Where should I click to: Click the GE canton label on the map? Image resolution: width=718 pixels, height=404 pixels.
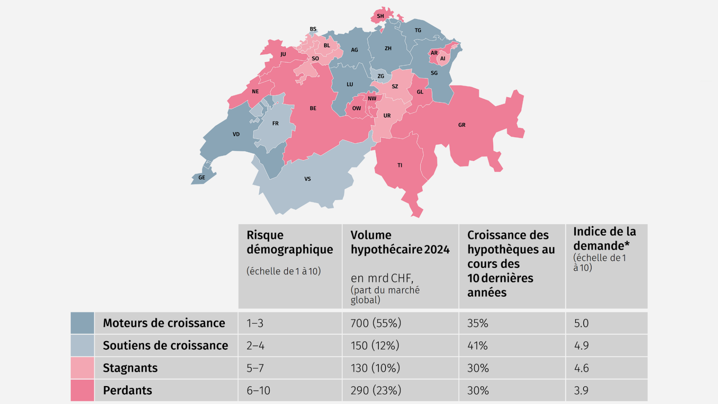coord(202,178)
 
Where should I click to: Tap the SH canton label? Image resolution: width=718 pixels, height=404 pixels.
coord(380,16)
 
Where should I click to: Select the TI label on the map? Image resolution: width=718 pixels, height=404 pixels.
coord(400,165)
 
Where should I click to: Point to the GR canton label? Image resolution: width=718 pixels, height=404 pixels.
coord(462,125)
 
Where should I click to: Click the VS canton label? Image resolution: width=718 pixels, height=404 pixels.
coord(307,179)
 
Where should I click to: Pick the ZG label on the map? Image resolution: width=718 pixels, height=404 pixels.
coord(381,76)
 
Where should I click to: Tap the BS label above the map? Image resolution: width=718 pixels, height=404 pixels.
coord(313,29)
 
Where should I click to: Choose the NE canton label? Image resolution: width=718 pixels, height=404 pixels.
coord(255,92)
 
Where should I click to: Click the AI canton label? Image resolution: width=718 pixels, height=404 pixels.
coord(443,59)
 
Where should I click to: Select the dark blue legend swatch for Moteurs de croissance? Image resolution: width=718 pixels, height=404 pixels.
coord(82,323)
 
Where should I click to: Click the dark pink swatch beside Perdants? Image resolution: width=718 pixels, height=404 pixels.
coord(82,390)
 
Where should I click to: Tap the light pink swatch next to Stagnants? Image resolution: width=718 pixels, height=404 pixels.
coord(82,368)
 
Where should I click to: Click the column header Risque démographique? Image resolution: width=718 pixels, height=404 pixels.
coord(289,242)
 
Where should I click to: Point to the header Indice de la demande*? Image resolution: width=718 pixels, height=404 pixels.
coord(604,239)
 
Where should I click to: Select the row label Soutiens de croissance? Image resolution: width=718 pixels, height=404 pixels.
coord(165,345)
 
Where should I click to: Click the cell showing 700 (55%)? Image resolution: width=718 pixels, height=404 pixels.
coord(375,323)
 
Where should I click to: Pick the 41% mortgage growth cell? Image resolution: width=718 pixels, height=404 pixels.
coord(478,345)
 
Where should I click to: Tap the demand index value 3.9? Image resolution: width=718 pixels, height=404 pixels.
coord(581,390)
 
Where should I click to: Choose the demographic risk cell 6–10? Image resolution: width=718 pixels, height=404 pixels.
coord(258,390)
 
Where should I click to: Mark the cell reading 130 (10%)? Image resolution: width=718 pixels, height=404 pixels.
coord(375,368)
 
